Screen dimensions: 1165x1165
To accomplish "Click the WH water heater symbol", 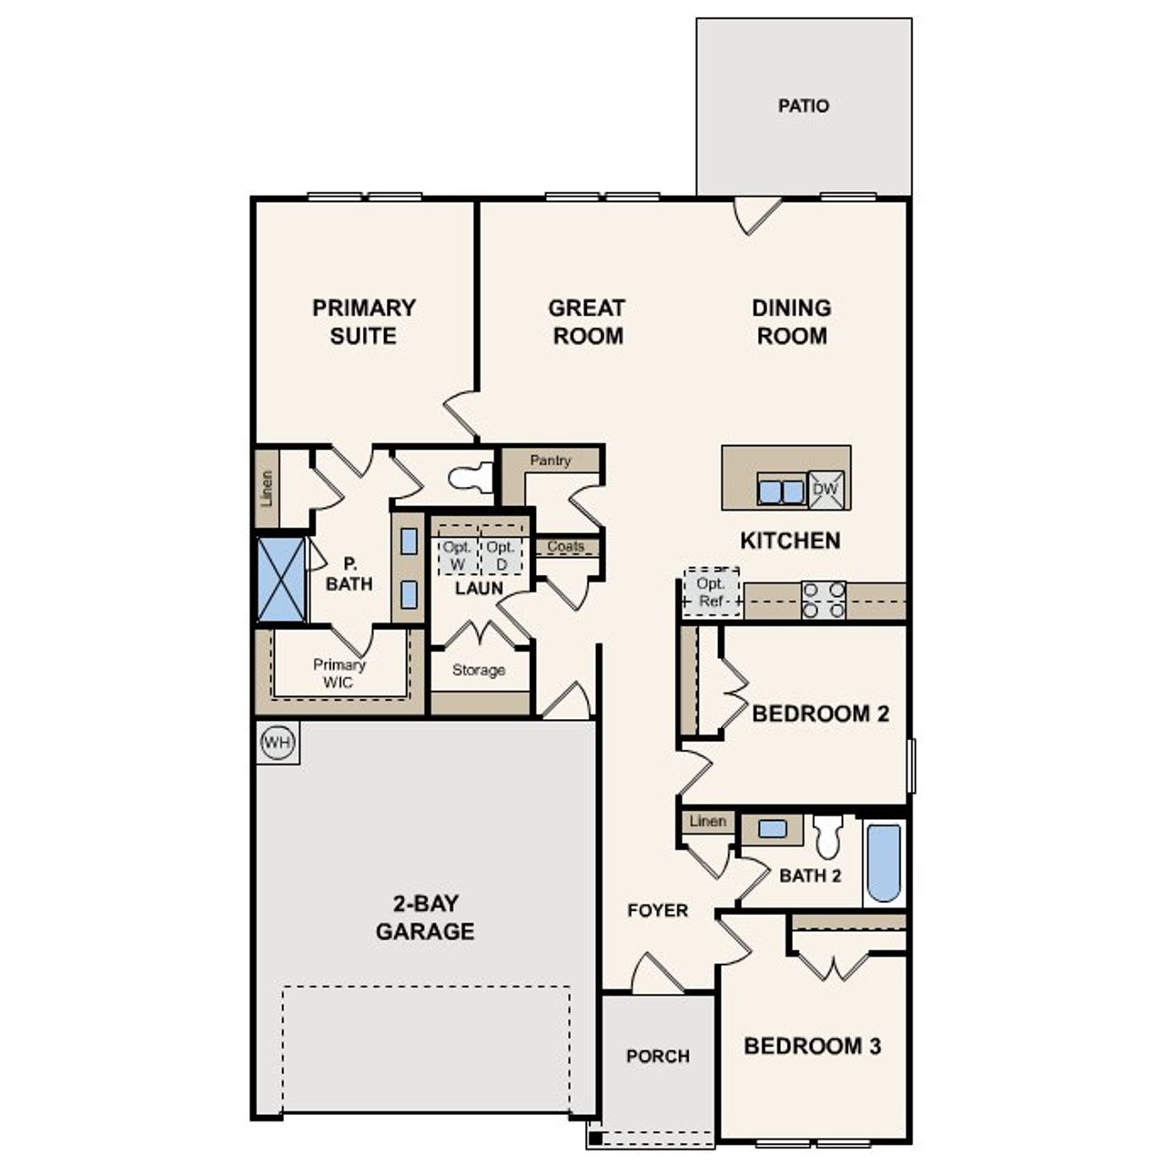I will [x=277, y=743].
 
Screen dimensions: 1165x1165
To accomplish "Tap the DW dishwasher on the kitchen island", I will [x=826, y=490].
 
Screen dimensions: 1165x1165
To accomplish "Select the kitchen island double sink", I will [x=781, y=491].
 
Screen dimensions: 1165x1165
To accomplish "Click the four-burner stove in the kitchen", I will [x=824, y=600].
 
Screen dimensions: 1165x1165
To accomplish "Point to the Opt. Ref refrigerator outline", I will [x=711, y=593].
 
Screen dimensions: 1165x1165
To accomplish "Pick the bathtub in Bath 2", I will [x=884, y=862].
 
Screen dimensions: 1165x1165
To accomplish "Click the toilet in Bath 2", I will [x=827, y=836].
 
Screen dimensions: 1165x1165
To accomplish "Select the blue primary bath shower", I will [x=281, y=579].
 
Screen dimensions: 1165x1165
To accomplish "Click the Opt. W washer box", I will [x=458, y=555].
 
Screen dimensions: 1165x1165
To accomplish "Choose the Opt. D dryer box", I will [x=501, y=555].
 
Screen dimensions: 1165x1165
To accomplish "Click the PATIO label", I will [x=804, y=106].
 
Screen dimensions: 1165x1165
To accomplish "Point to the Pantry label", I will [x=551, y=461].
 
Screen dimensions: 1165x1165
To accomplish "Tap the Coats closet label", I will [x=566, y=546].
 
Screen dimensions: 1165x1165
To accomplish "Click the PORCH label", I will [x=657, y=1056].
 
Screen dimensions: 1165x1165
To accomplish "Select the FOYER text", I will [x=657, y=910].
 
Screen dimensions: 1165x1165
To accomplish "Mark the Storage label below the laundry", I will [x=479, y=670].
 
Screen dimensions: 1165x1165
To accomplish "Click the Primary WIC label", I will [x=339, y=674].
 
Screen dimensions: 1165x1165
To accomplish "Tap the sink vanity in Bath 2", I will [x=772, y=829].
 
